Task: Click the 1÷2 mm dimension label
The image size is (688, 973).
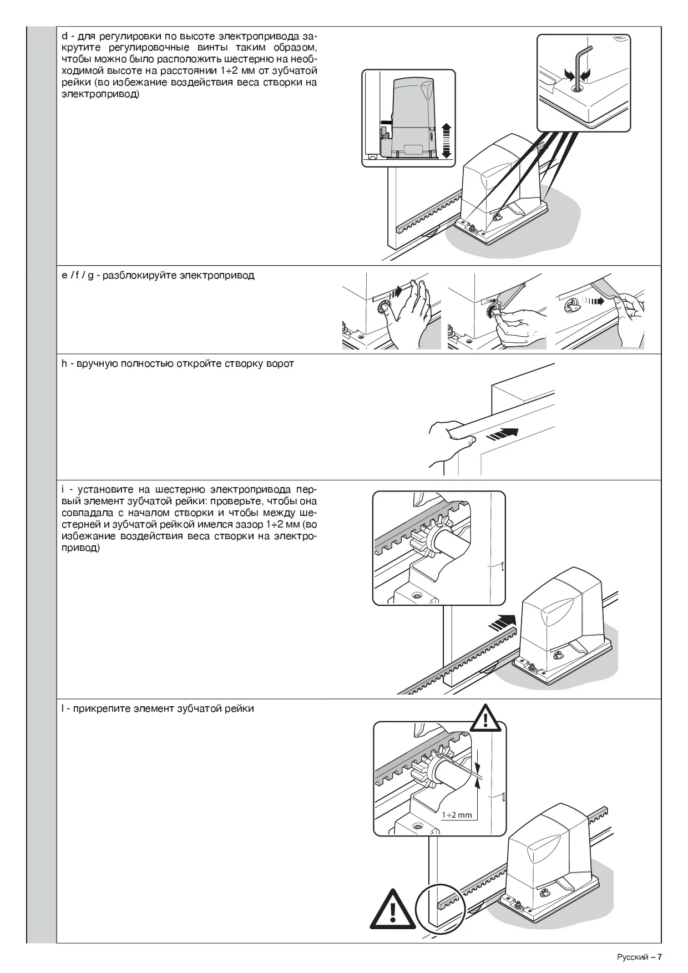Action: [457, 815]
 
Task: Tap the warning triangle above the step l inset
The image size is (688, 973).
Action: [485, 718]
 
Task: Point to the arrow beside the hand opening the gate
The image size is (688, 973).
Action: [503, 433]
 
